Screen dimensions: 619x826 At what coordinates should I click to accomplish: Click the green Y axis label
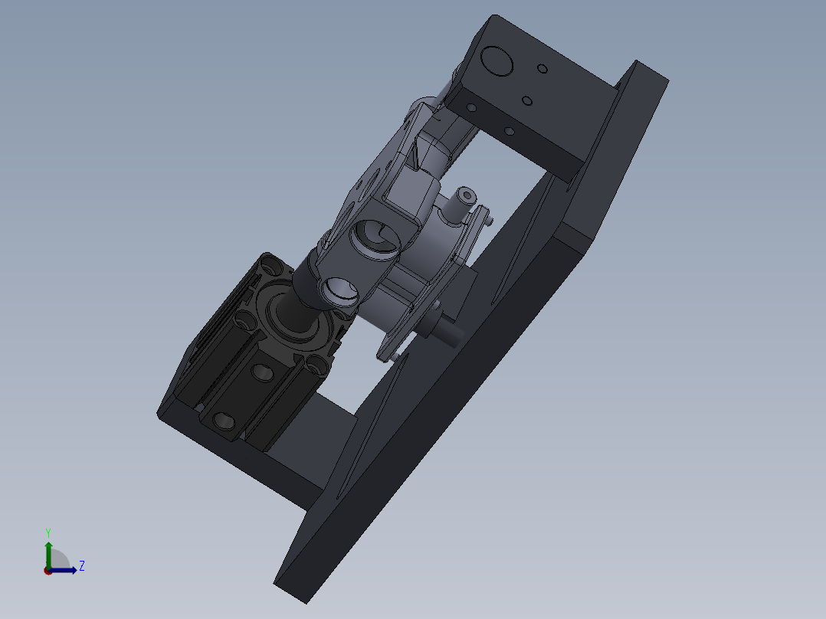48,532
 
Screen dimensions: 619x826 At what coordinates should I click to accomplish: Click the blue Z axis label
81,566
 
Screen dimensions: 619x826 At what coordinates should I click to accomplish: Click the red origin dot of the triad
48,571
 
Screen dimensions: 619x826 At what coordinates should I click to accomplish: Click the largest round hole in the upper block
497,61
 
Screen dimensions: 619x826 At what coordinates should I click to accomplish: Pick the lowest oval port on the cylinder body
224,421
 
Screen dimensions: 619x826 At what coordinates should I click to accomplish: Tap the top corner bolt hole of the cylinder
270,266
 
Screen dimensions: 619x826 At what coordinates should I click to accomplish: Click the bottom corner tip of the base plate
306,602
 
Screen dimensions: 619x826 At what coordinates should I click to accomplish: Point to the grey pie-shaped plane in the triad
58,561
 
